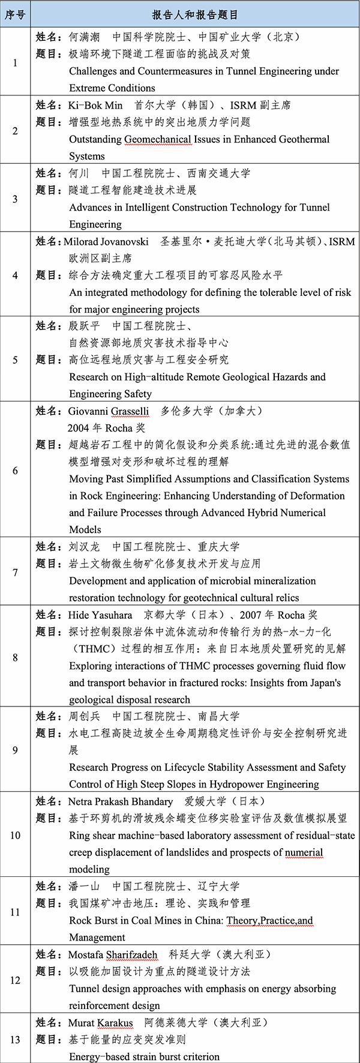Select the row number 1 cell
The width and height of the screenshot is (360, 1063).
tap(15, 62)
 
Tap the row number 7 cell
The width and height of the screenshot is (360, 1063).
tap(15, 572)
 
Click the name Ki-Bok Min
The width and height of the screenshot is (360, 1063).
tap(95, 105)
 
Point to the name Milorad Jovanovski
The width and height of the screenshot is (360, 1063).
tap(106, 241)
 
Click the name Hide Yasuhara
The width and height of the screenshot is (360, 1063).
tap(100, 615)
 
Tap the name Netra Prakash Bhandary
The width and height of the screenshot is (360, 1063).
tap(121, 802)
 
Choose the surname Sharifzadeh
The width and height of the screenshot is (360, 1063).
tap(131, 955)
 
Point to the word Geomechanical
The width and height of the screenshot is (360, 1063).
tap(158, 139)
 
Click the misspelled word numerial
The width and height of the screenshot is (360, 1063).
tap(304, 852)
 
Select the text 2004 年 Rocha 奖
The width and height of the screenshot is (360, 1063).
tap(106, 428)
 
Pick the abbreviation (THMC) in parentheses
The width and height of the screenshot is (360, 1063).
tap(89, 649)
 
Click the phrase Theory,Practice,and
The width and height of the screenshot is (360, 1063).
tap(269, 921)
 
